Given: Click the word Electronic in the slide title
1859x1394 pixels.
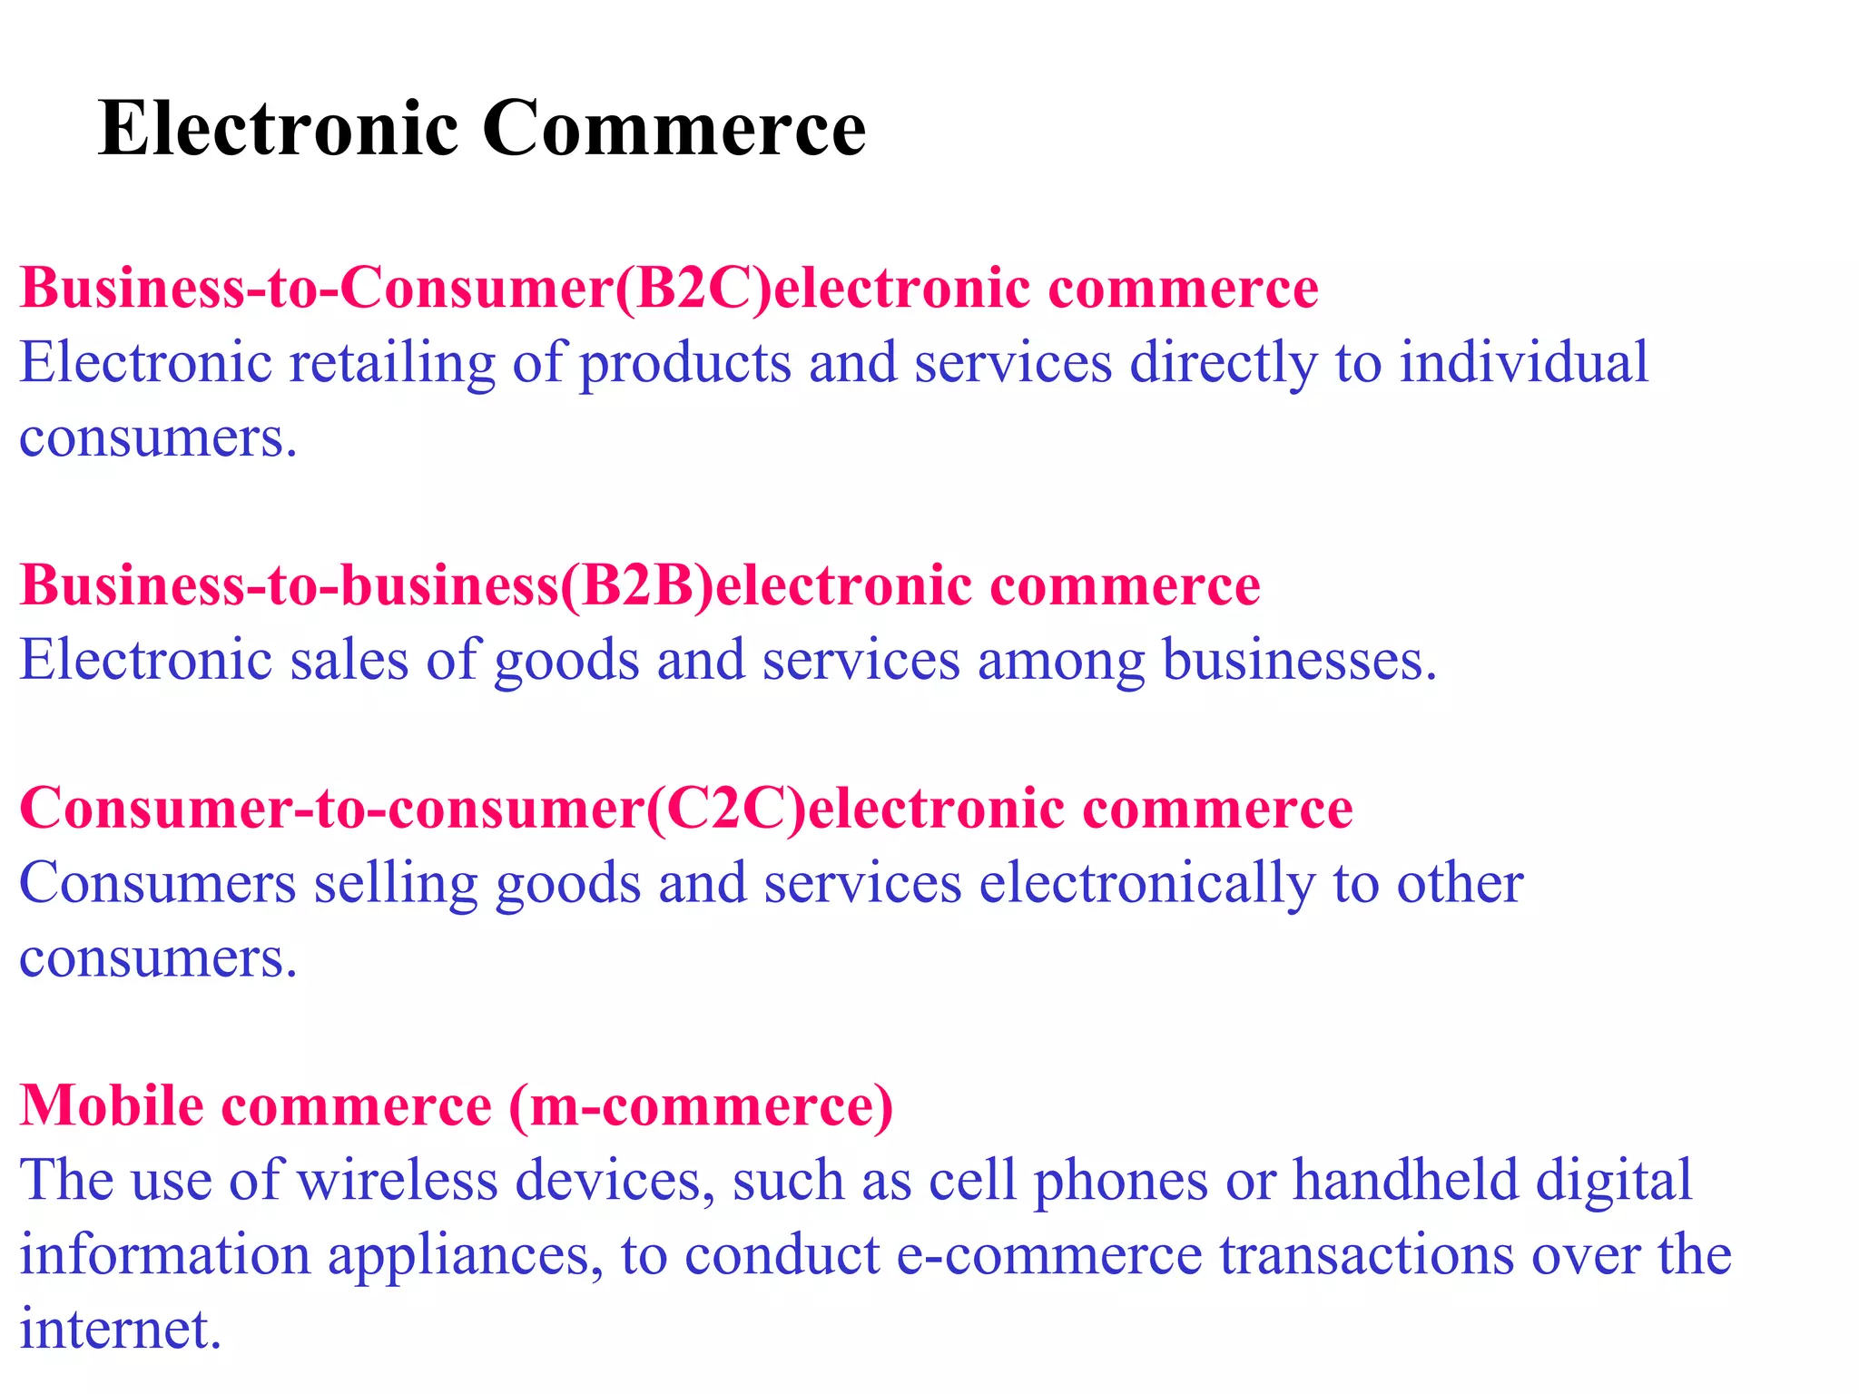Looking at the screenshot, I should tap(278, 128).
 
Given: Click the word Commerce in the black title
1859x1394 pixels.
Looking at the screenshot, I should tap(674, 128).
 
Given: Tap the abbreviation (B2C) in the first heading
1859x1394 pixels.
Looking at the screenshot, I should tap(692, 289).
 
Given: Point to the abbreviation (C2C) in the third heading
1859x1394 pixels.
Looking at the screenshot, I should tap(725, 808).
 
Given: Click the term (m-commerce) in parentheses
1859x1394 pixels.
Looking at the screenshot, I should tap(701, 1105).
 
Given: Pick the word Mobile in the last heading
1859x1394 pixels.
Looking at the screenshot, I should tap(112, 1105).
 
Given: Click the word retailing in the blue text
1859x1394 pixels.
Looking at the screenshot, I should tap(392, 363).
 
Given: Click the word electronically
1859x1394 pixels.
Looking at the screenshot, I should tap(1146, 883).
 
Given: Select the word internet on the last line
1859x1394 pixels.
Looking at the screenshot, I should tap(120, 1329).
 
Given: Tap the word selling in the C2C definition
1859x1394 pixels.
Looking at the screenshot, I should tap(396, 885).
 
